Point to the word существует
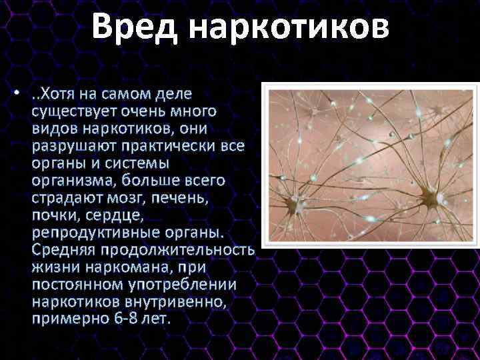[73, 110]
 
